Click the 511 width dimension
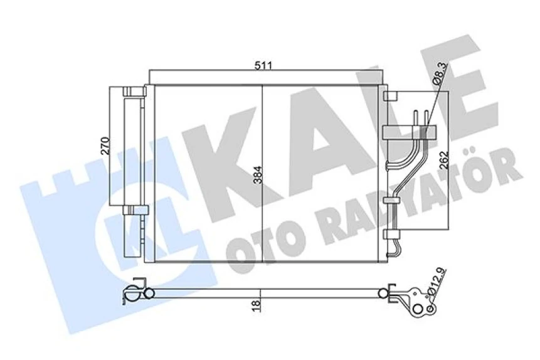263,65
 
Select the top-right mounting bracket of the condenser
389,97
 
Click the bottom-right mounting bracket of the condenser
389,235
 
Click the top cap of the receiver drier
134,92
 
